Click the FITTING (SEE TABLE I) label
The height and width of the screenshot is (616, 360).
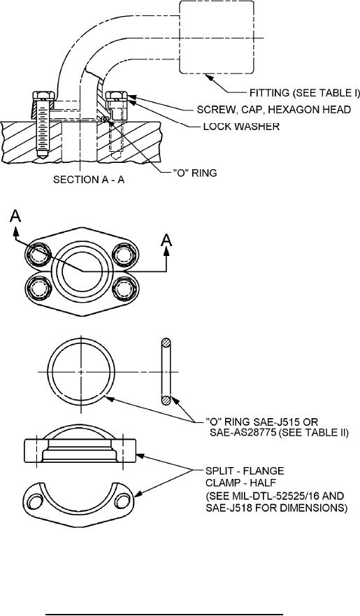click(x=305, y=94)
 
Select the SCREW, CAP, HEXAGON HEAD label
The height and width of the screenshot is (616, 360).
click(x=274, y=110)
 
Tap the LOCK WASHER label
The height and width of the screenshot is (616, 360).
click(x=241, y=127)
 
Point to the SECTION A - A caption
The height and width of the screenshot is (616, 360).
click(x=89, y=180)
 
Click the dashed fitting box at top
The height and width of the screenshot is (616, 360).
click(x=216, y=37)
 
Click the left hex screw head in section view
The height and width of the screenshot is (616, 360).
click(x=43, y=96)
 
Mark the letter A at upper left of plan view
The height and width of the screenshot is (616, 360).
click(x=15, y=217)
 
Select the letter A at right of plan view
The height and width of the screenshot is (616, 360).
click(x=167, y=240)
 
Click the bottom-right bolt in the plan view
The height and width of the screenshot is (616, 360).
click(x=124, y=288)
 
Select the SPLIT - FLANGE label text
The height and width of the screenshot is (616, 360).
click(x=245, y=471)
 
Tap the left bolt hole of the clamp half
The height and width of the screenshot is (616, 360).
click(x=36, y=503)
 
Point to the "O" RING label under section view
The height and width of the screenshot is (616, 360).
click(x=195, y=173)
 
